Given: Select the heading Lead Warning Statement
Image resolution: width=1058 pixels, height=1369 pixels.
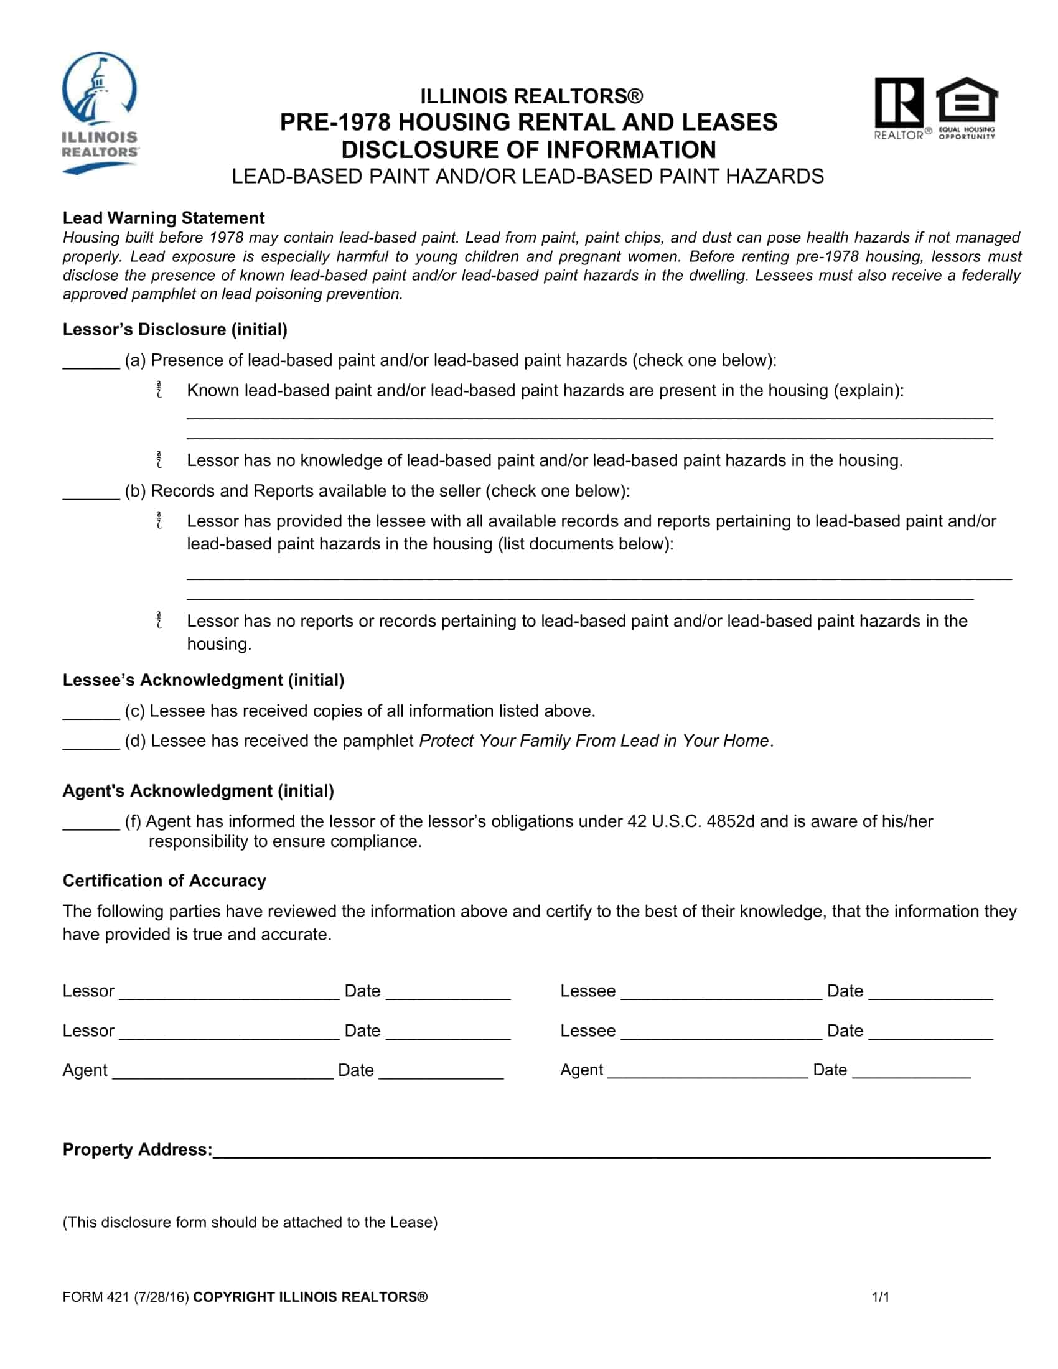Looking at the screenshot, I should click(163, 218).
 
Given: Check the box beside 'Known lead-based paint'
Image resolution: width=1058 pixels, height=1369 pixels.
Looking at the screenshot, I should click(159, 390).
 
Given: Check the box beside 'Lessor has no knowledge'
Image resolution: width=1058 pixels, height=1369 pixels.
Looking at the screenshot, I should click(159, 459).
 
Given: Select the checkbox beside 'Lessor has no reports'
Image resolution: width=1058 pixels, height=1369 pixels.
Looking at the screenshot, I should click(159, 620).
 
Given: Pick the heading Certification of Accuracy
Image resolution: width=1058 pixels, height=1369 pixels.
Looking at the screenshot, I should click(164, 881).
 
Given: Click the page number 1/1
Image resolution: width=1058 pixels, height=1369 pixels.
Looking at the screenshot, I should click(880, 1297).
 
